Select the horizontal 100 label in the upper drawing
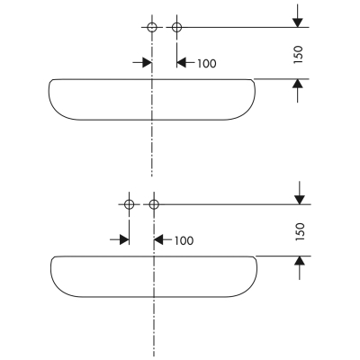[206, 63]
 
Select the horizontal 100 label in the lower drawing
[184, 240]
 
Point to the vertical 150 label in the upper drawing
[298, 54]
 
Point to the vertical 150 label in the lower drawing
[300, 231]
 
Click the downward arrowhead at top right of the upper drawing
[298, 22]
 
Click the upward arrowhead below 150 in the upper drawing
[298, 84]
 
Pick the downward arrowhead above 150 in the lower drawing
[300, 200]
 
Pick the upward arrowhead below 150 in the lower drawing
[300, 261]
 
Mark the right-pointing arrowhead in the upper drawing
[147, 63]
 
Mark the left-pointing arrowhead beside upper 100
[182, 63]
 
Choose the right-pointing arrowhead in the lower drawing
[124, 239]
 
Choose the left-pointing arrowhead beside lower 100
[158, 239]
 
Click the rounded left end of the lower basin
[52, 273]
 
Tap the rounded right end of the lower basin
[256, 273]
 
